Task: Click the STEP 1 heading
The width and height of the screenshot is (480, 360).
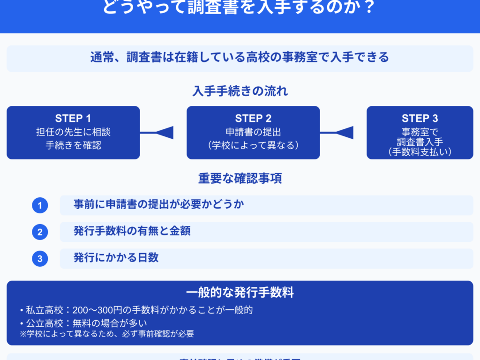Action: tap(73, 118)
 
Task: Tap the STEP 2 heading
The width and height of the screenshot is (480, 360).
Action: tap(253, 119)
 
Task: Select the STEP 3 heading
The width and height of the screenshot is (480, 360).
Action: tap(420, 119)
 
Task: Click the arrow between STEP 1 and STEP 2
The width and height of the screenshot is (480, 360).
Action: tap(163, 133)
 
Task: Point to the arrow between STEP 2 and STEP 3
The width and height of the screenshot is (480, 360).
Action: tap(343, 133)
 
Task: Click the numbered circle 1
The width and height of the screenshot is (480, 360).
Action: tap(40, 205)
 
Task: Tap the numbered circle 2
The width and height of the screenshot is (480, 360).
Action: tap(40, 232)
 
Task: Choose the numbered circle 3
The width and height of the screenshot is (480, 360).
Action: tap(40, 259)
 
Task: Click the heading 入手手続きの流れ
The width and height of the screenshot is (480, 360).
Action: tap(240, 91)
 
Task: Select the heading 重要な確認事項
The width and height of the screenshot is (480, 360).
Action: tap(240, 179)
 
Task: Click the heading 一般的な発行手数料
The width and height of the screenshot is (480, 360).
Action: tap(240, 293)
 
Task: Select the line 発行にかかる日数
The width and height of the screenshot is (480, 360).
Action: tap(116, 257)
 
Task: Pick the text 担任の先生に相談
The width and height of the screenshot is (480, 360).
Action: tap(73, 132)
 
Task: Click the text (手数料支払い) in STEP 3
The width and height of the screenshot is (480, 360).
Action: tap(420, 151)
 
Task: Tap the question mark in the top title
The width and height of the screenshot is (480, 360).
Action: tap(369, 8)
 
